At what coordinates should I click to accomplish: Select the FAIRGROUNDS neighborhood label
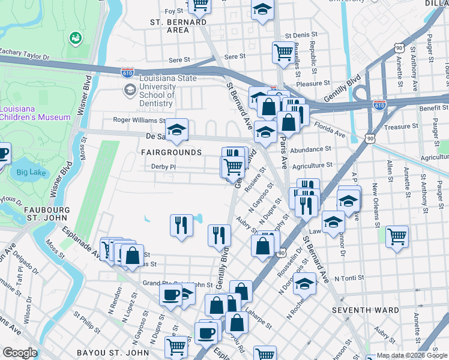pos(171,152)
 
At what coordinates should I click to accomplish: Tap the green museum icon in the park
pos(75,38)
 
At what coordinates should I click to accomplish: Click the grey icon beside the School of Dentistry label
pos(129,90)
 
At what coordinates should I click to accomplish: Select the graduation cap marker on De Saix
pos(176,130)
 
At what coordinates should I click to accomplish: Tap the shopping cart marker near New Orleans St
pos(397,236)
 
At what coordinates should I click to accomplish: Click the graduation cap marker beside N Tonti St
pos(305,283)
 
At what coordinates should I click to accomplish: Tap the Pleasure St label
pos(313,84)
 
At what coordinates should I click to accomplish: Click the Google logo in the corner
pos(20,353)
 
